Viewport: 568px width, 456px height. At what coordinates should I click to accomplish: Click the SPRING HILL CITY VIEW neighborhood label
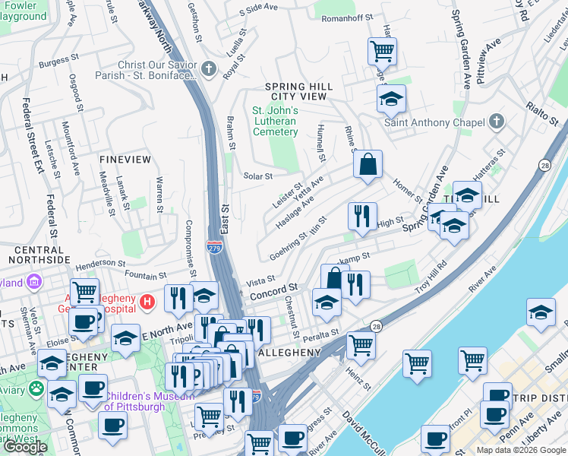point(295,92)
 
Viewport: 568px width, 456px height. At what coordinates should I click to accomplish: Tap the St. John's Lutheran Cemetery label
point(275,121)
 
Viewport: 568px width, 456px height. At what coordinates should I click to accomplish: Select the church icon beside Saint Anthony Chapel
point(496,122)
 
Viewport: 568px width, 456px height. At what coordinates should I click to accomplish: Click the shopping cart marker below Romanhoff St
point(382,52)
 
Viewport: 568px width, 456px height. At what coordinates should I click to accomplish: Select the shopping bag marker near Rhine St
point(368,165)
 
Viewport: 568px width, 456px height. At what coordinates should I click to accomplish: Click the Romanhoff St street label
point(347,16)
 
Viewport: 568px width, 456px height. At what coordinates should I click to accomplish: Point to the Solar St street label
point(257,176)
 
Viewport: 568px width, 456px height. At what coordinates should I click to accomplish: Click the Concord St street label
point(272,291)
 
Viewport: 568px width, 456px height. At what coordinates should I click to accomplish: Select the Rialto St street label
point(543,116)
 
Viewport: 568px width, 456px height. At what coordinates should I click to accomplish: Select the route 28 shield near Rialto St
point(545,164)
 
